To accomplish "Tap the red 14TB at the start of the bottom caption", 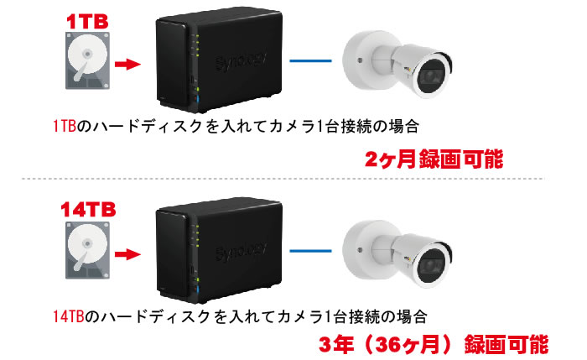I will (67, 317).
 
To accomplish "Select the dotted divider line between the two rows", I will (293, 179).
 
